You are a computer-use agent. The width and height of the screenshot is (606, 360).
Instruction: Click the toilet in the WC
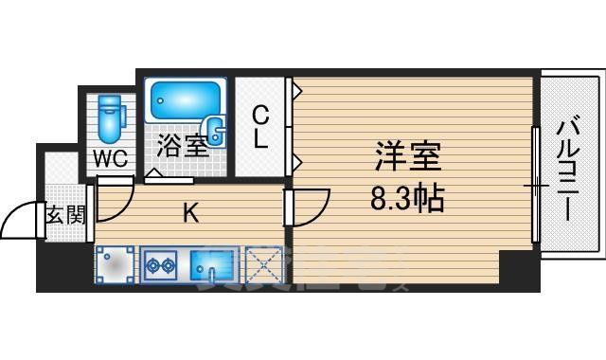point(111,119)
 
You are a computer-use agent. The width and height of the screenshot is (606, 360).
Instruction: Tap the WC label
point(111,158)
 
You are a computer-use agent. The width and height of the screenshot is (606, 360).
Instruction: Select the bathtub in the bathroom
point(186,100)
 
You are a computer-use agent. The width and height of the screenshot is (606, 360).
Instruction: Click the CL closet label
point(260,128)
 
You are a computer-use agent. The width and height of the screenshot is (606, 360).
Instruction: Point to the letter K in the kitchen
point(190,215)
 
